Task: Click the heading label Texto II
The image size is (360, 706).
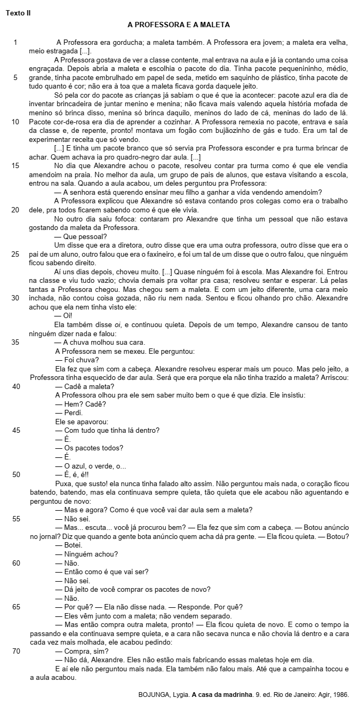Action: [x=18, y=13]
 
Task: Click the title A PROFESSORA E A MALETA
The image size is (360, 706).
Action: [x=179, y=25]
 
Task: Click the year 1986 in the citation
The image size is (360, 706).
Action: [x=339, y=695]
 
